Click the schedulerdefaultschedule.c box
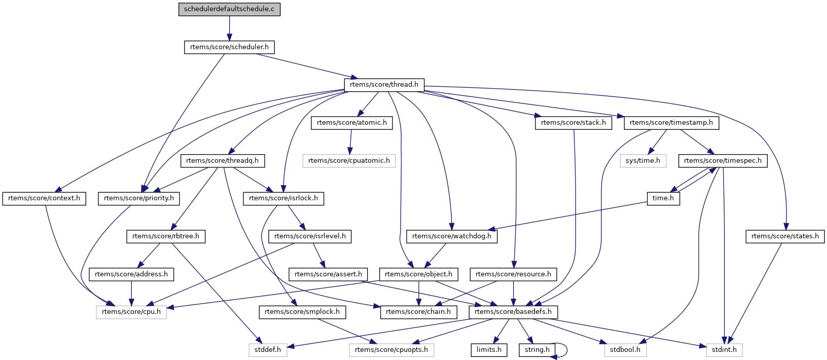tap(229, 9)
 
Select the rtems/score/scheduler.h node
tap(229, 47)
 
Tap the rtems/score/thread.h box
tap(384, 85)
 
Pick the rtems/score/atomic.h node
tap(351, 123)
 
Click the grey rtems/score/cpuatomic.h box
tap(349, 161)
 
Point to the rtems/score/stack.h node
tap(573, 123)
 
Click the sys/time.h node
tap(643, 161)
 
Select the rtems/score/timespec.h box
tap(723, 161)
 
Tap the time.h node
tap(663, 198)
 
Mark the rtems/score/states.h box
tap(784, 236)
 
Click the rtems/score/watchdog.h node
tap(452, 236)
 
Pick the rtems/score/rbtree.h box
tap(166, 236)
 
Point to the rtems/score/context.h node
tap(44, 198)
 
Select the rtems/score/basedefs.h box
tap(513, 312)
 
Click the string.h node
tap(537, 350)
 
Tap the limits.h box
tap(489, 350)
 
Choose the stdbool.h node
tap(625, 350)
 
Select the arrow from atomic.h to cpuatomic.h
tap(350, 141)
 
